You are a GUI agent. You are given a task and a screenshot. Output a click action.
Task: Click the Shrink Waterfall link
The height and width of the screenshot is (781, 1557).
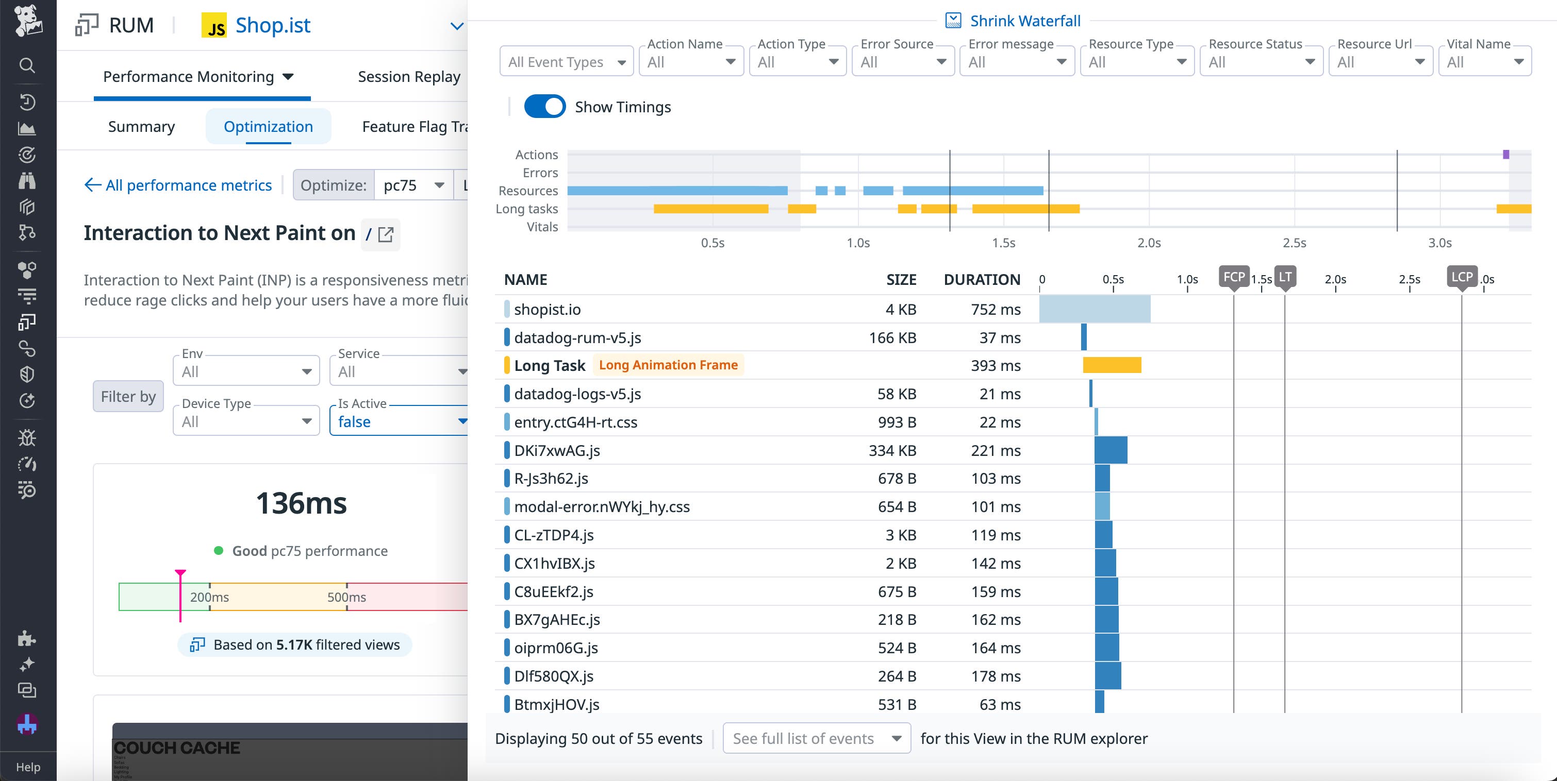pyautogui.click(x=1024, y=21)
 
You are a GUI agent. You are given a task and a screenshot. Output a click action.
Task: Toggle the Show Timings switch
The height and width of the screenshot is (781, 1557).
pyautogui.click(x=544, y=107)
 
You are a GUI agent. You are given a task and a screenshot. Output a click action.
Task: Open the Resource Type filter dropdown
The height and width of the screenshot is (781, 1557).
pyautogui.click(x=1136, y=62)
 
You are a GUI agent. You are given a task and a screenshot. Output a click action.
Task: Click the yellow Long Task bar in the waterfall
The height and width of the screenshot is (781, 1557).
pyautogui.click(x=1112, y=365)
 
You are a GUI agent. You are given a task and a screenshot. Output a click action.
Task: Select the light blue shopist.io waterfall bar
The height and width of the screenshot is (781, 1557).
pyautogui.click(x=1094, y=309)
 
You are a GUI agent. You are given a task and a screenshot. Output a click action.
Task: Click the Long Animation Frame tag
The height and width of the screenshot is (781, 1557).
pyautogui.click(x=668, y=365)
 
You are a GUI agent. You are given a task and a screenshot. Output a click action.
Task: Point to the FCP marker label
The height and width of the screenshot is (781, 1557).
pyautogui.click(x=1234, y=277)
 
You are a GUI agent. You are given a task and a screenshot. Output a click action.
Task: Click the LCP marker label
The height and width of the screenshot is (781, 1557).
pyautogui.click(x=1461, y=277)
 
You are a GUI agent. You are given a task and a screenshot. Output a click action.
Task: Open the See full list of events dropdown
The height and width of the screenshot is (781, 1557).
pyautogui.click(x=816, y=738)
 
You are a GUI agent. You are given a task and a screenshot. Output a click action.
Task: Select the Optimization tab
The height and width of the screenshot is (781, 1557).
pyautogui.click(x=269, y=127)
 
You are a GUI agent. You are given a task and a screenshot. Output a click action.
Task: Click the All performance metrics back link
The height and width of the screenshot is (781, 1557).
pyautogui.click(x=179, y=185)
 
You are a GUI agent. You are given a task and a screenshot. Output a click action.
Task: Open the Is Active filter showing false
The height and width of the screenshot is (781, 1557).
pyautogui.click(x=399, y=421)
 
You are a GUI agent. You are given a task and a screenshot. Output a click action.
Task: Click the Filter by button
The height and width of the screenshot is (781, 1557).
pyautogui.click(x=128, y=397)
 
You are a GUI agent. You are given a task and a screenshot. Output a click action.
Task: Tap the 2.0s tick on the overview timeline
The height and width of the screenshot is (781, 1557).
pyautogui.click(x=1148, y=243)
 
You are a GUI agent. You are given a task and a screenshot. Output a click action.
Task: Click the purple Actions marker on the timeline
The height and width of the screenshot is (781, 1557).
pyautogui.click(x=1505, y=155)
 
